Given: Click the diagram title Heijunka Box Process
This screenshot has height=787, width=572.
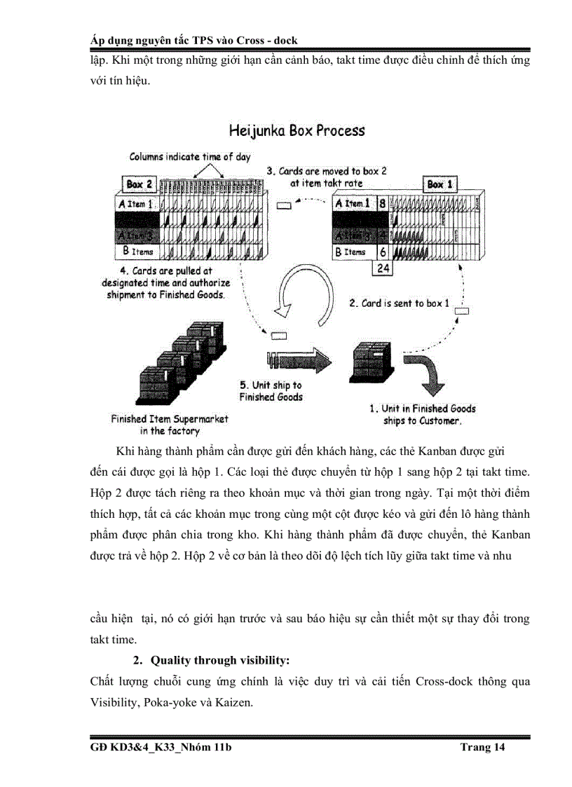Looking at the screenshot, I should pyautogui.click(x=297, y=130).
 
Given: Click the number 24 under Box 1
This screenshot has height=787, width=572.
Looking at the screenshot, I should pyautogui.click(x=383, y=268).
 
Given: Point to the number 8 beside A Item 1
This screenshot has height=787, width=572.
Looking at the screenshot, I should pyautogui.click(x=382, y=204).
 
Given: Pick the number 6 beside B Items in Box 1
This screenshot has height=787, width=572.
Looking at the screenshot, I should pyautogui.click(x=382, y=252).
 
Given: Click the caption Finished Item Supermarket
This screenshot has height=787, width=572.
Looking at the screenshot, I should pyautogui.click(x=170, y=419).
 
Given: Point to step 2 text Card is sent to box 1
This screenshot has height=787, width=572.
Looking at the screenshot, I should pyautogui.click(x=399, y=303).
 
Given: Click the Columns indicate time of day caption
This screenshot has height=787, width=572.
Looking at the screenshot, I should pyautogui.click(x=189, y=158).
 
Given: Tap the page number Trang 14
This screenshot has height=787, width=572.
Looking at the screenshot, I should pyautogui.click(x=482, y=748).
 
